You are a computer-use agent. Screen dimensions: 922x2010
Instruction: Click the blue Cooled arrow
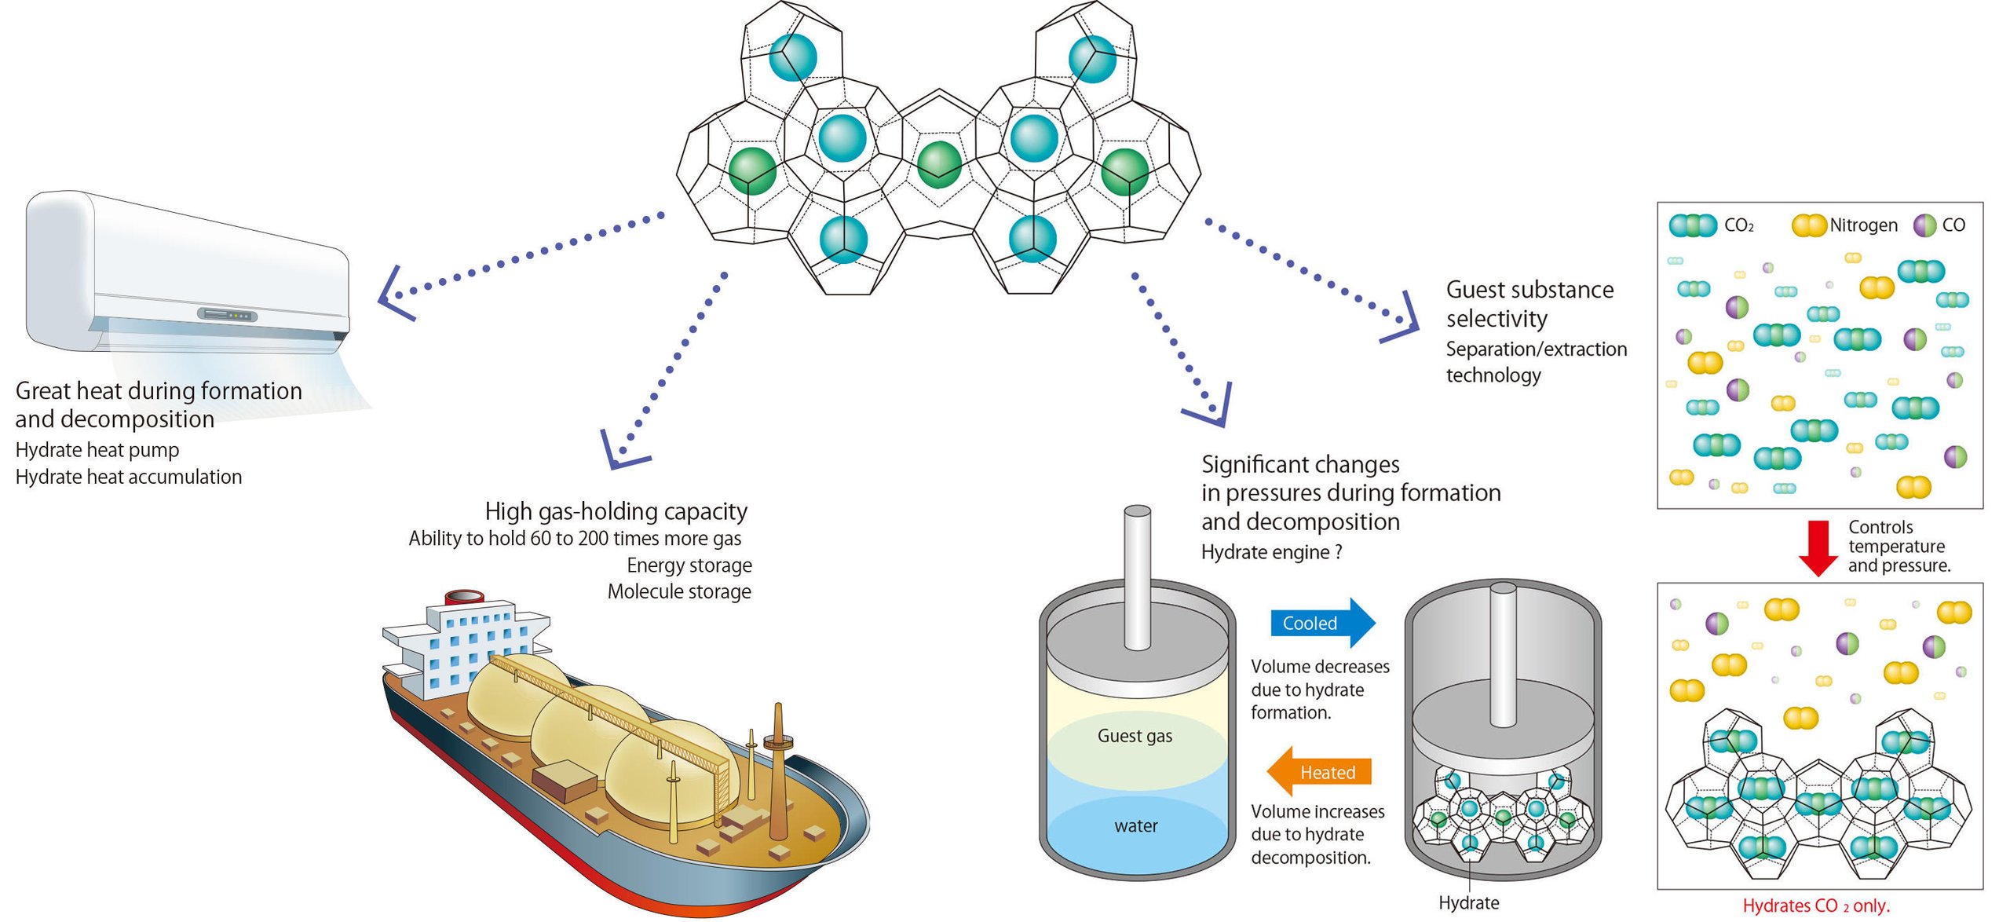[1321, 623]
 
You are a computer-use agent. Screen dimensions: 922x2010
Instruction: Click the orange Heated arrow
[1321, 772]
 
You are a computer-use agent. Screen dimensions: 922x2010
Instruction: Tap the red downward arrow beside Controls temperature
[1818, 547]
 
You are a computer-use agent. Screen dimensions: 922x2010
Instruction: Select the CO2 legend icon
[1692, 225]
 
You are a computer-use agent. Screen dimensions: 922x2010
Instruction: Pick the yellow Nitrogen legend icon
[1809, 225]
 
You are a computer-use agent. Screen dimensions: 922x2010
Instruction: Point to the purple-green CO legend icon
[1925, 225]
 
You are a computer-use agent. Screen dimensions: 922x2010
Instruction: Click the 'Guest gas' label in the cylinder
[1135, 736]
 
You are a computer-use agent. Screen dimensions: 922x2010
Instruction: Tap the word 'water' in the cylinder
[1135, 825]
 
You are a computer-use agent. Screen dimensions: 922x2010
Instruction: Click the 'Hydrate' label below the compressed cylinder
[1468, 902]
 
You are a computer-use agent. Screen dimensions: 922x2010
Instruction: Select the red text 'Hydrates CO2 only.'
[1816, 906]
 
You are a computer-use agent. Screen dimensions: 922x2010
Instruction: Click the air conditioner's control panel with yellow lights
[228, 315]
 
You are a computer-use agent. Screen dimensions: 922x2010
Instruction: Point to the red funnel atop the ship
[465, 597]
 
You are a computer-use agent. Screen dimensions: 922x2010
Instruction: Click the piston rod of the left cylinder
[1137, 577]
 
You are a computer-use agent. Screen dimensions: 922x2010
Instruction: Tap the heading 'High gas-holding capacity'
[616, 511]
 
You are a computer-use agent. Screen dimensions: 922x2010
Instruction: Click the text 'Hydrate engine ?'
[1271, 552]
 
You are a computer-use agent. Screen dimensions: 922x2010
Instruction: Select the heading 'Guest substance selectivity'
[1529, 304]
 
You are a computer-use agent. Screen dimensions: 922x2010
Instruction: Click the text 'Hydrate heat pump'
[97, 450]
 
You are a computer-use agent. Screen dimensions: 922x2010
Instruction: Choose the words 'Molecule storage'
[679, 591]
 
